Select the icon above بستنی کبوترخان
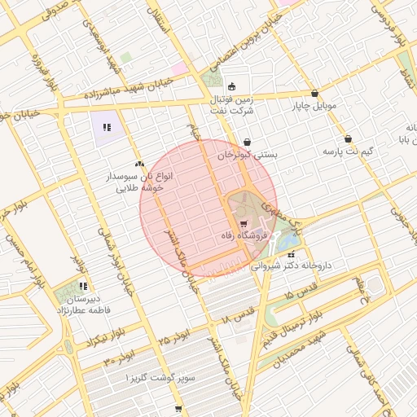(x=247, y=143)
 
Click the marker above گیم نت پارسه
(x=349, y=139)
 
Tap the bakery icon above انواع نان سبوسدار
(x=140, y=164)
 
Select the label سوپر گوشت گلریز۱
(x=154, y=380)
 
